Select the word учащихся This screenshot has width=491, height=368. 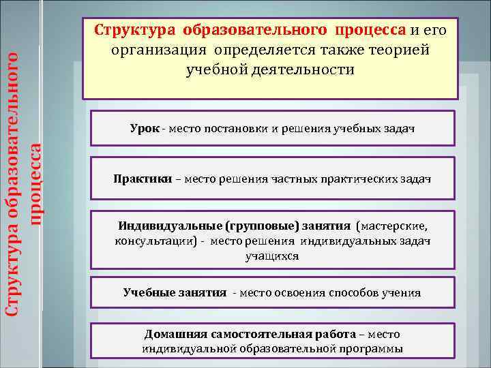272,257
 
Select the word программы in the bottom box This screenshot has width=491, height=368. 371,349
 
